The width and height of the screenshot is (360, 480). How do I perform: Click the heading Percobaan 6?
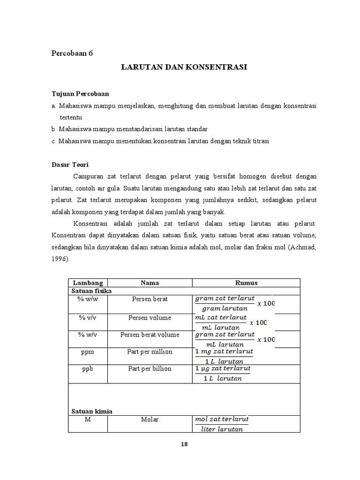pyautogui.click(x=72, y=53)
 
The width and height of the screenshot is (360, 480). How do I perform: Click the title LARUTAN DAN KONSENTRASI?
pyautogui.click(x=184, y=67)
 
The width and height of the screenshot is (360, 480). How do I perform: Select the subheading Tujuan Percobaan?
pyautogui.click(x=80, y=94)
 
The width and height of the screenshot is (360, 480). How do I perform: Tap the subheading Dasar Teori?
pyautogui.click(x=70, y=165)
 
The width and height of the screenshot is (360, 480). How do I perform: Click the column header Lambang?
pyautogui.click(x=87, y=283)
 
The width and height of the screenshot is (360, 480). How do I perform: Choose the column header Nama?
pyautogui.click(x=150, y=283)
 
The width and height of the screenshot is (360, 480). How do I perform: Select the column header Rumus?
pyautogui.click(x=246, y=283)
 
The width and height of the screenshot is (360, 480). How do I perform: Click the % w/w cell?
pyautogui.click(x=87, y=299)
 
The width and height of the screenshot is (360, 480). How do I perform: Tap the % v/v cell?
pyautogui.click(x=87, y=317)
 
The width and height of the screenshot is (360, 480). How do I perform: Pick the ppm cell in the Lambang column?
pyautogui.click(x=87, y=352)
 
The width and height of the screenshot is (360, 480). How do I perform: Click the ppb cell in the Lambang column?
pyautogui.click(x=87, y=368)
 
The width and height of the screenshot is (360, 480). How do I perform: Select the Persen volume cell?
pyautogui.click(x=150, y=317)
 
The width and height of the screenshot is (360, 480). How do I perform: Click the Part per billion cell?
pyautogui.click(x=150, y=368)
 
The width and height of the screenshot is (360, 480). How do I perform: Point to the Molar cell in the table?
pyautogui.click(x=150, y=419)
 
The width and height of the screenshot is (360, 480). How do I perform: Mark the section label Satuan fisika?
pyautogui.click(x=91, y=291)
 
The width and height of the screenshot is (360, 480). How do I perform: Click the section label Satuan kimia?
pyautogui.click(x=92, y=411)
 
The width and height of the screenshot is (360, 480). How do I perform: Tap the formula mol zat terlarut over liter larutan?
pyautogui.click(x=222, y=424)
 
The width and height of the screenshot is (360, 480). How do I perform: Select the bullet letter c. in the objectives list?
pyautogui.click(x=53, y=141)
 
